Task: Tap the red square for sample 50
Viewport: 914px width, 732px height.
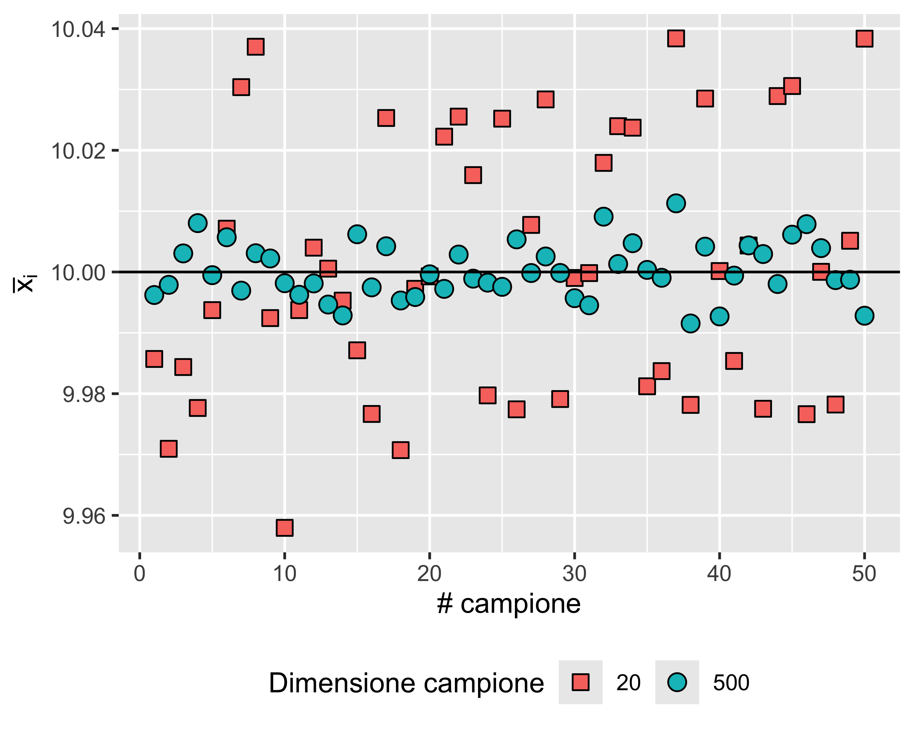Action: [864, 39]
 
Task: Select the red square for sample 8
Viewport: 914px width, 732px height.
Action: [256, 47]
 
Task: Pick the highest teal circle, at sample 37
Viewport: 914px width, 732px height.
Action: [676, 203]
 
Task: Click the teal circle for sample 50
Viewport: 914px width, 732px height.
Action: [864, 316]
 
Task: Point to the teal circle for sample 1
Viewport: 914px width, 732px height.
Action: [154, 295]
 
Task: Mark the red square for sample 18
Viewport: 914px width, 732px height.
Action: [401, 450]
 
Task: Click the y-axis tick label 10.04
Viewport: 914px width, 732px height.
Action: [78, 29]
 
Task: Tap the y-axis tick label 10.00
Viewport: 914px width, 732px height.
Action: [78, 272]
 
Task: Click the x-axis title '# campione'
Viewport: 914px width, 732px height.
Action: [508, 604]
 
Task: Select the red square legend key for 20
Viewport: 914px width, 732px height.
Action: [580, 682]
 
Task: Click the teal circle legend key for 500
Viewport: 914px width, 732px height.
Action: [677, 682]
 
